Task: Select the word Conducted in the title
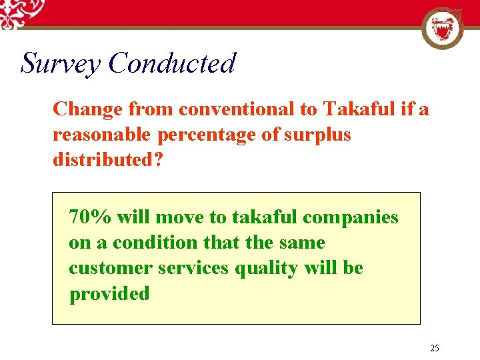click(x=172, y=63)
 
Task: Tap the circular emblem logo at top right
click(x=443, y=29)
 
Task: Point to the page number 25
click(x=435, y=348)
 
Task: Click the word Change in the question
click(x=87, y=109)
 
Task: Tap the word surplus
click(x=317, y=134)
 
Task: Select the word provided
click(x=109, y=293)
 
